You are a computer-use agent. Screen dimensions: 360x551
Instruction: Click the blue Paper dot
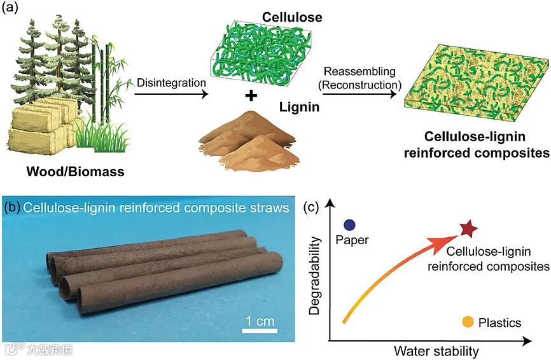(x=349, y=224)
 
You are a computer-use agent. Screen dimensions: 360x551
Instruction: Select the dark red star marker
(x=468, y=228)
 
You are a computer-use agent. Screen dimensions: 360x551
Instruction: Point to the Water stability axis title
(x=436, y=350)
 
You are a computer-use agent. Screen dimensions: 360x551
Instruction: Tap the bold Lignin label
(x=298, y=109)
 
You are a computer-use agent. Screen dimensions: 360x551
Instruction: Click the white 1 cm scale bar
(x=258, y=329)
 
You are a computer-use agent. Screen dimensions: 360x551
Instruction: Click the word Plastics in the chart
(x=499, y=323)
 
